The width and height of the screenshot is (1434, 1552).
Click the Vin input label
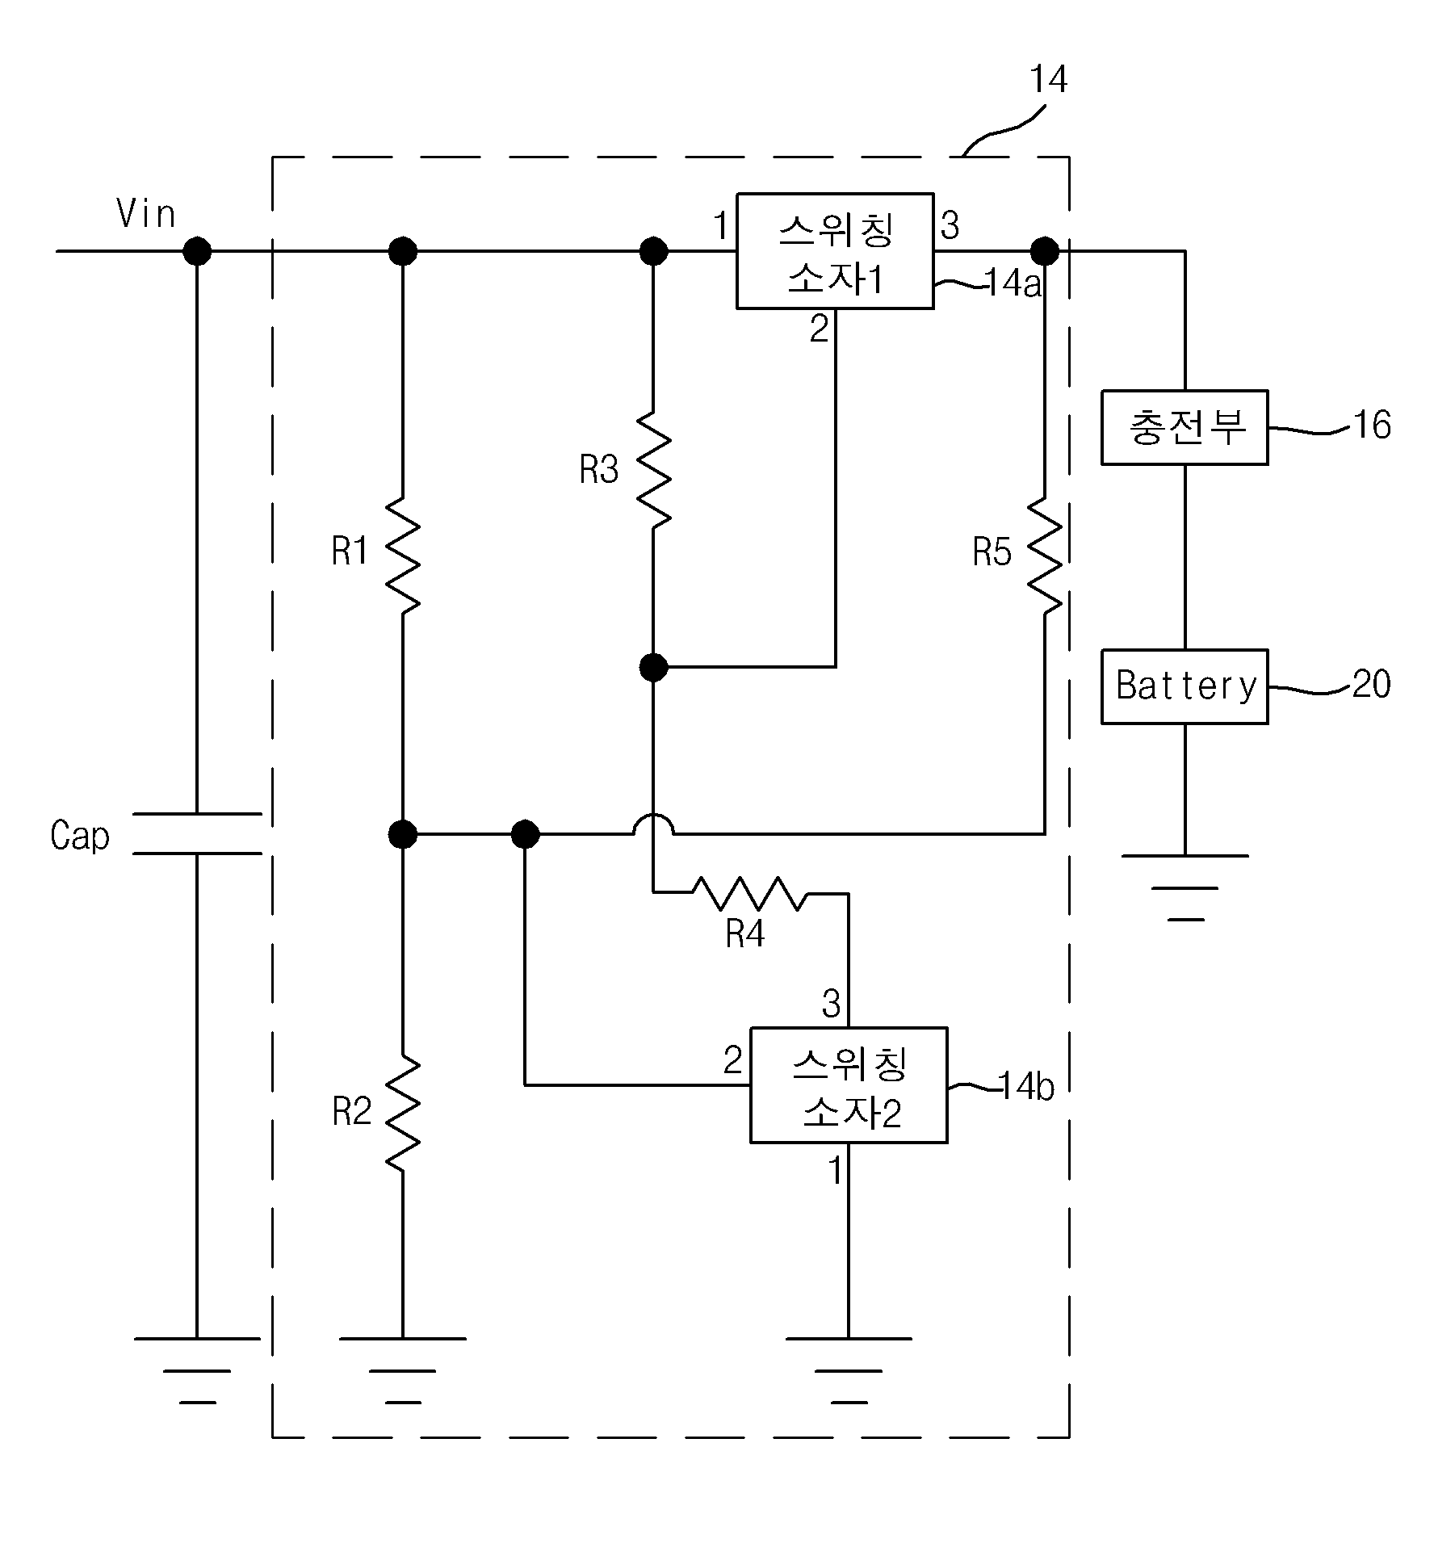click(146, 214)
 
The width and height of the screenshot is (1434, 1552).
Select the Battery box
click(1185, 686)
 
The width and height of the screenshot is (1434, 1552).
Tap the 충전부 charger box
click(1185, 428)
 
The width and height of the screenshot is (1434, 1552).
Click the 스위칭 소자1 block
click(835, 251)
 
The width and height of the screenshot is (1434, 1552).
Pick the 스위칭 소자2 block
click(849, 1085)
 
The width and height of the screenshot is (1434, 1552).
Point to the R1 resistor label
click(350, 552)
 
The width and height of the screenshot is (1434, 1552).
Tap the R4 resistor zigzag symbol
click(749, 893)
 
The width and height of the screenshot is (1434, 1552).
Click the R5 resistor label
click(992, 552)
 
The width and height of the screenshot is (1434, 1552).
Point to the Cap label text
click(79, 836)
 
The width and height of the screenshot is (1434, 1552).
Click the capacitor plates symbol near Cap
click(197, 833)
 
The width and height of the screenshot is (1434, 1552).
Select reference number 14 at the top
click(1048, 80)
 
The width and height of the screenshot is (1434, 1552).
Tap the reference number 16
click(1371, 426)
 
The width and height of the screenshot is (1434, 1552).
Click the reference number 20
click(1371, 685)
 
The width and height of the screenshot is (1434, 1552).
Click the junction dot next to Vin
click(197, 251)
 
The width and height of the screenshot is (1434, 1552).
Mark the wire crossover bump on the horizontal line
click(653, 824)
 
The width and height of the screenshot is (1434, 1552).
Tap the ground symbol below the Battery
click(1185, 887)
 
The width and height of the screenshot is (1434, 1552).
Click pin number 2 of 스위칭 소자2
click(732, 1060)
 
